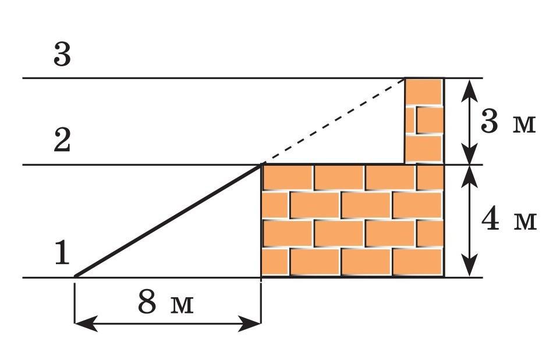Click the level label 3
[x=62, y=55]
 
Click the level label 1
[x=62, y=254]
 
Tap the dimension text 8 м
[x=165, y=303]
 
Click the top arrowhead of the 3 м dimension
[x=469, y=86]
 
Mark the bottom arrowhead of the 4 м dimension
[x=469, y=269]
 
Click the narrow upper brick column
[x=424, y=120]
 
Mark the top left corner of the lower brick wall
[x=261, y=165]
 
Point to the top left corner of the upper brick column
[x=406, y=78]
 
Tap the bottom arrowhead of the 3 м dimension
[x=469, y=157]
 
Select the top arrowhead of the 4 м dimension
[x=469, y=173]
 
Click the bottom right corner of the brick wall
[x=444, y=277]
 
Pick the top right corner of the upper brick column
[x=444, y=78]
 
